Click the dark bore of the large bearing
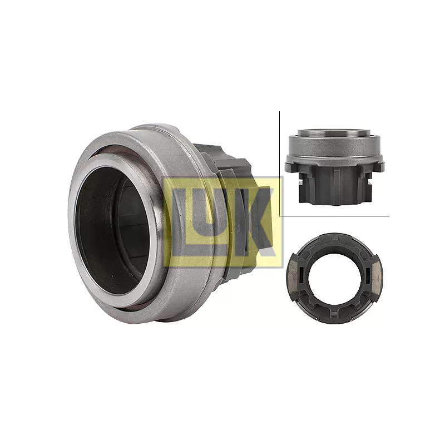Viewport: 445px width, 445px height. (x=113, y=230)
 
